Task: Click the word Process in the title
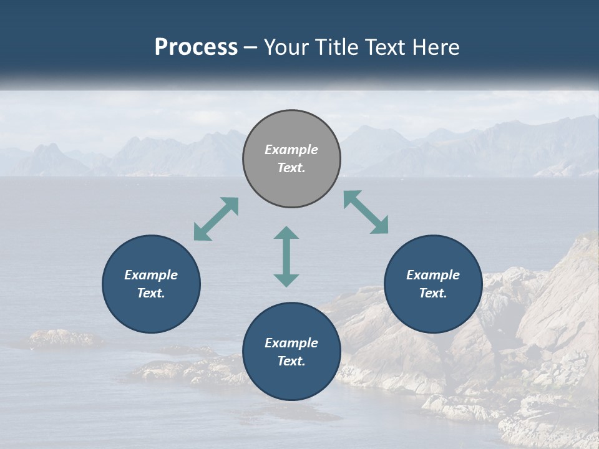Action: [196, 47]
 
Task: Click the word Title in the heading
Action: [336, 47]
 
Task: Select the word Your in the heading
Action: [287, 47]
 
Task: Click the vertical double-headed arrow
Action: [286, 256]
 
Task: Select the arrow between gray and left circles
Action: [216, 219]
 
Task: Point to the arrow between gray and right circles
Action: [366, 212]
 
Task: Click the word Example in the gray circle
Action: [291, 150]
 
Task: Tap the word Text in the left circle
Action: [151, 293]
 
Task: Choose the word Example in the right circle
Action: [433, 275]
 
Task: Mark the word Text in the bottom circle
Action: [291, 361]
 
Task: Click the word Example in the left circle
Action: [151, 275]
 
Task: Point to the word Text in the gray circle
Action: [291, 168]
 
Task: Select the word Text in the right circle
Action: [433, 293]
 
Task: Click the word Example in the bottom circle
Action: [291, 343]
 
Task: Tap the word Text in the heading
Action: [388, 47]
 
